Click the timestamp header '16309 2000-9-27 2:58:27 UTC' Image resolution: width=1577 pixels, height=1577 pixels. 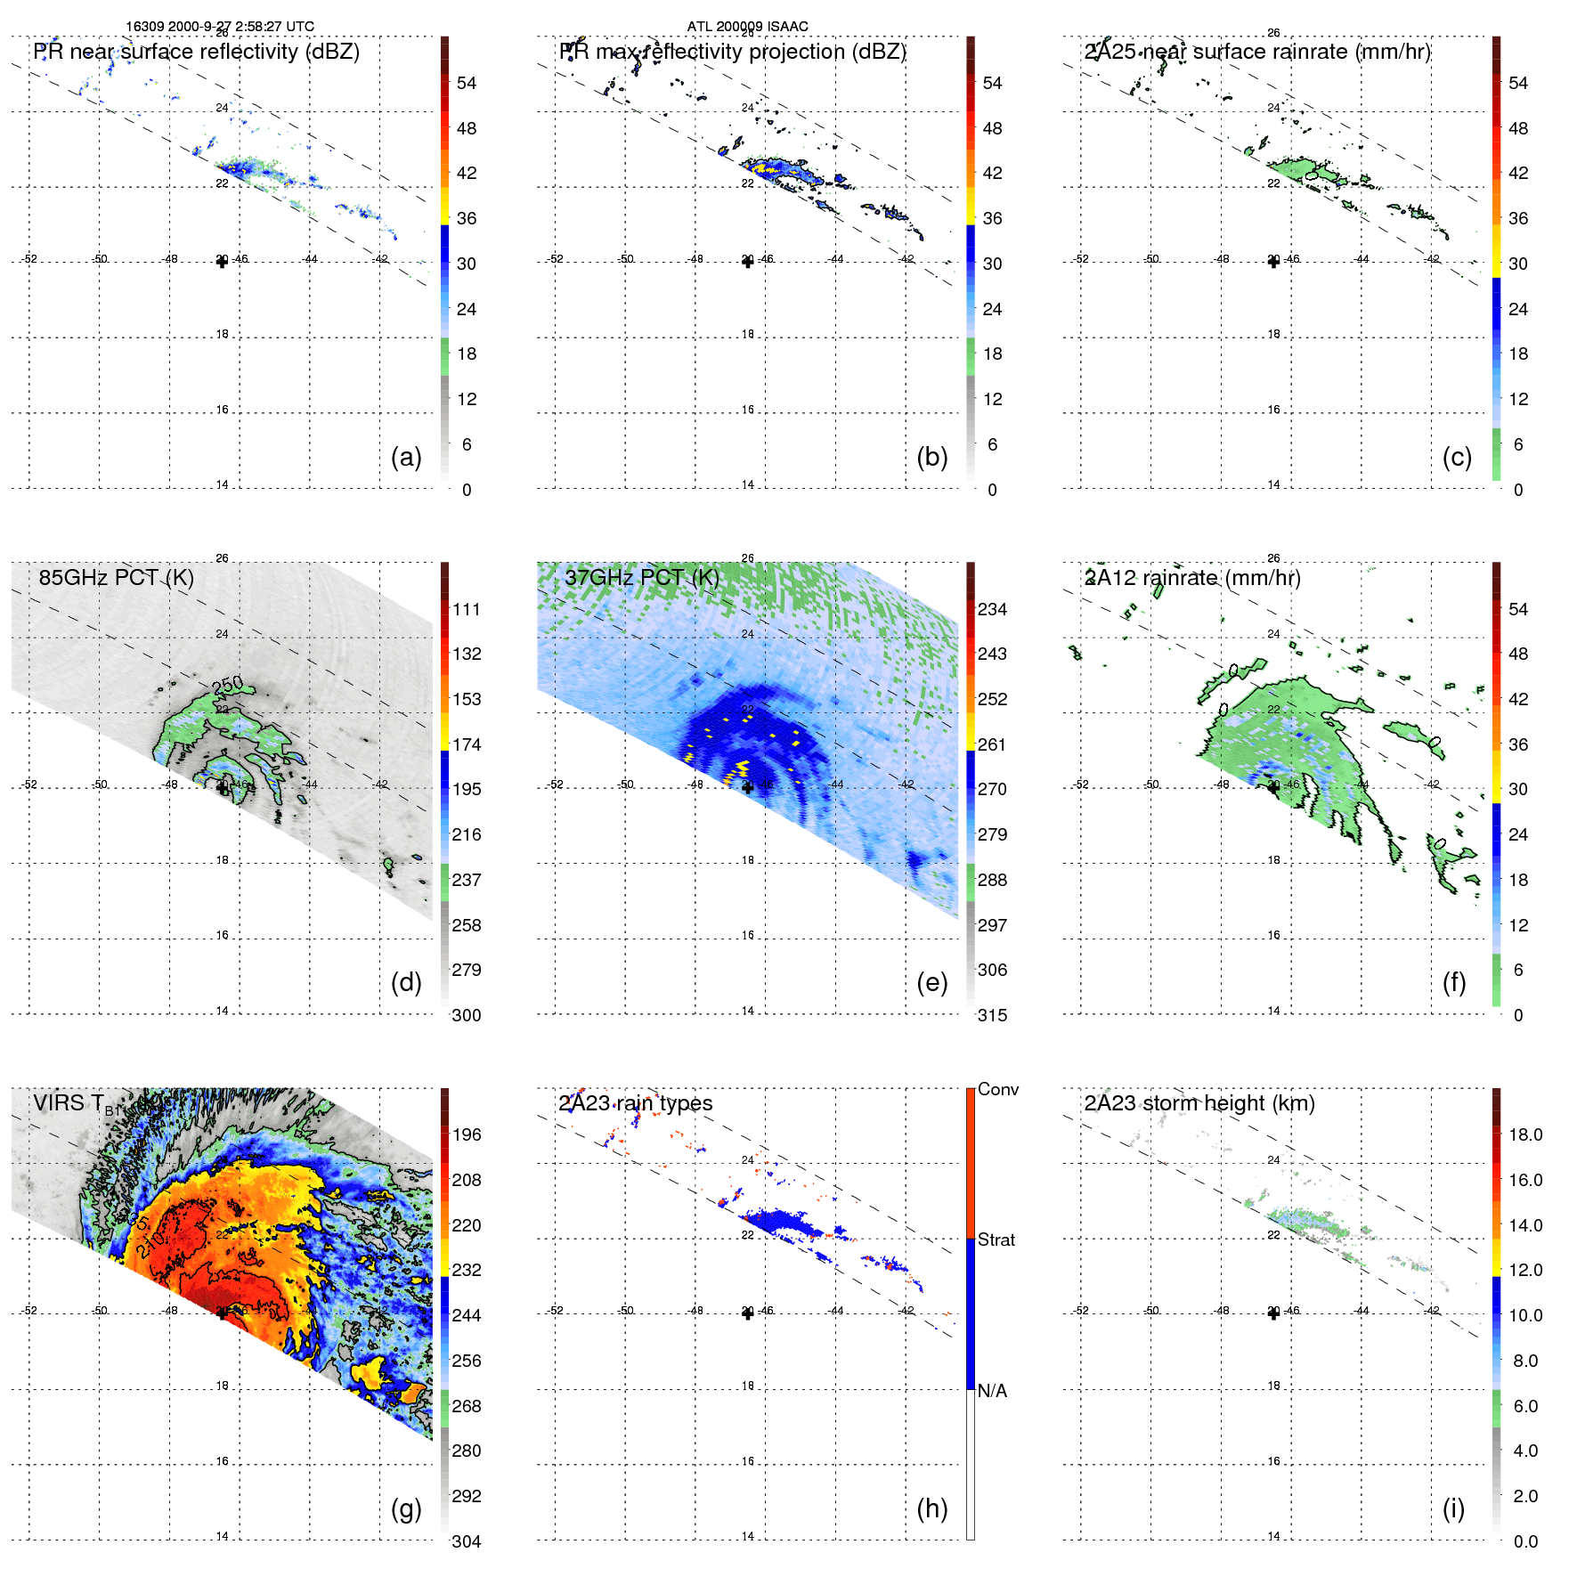click(219, 27)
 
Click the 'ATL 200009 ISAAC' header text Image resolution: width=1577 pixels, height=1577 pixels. click(747, 27)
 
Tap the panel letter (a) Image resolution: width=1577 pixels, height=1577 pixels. click(406, 457)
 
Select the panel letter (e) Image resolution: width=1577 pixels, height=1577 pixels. click(931, 982)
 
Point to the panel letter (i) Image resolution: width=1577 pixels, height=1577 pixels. click(1453, 1508)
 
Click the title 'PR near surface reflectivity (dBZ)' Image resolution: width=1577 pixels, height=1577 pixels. click(196, 52)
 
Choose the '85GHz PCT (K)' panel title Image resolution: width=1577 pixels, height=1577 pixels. click(116, 577)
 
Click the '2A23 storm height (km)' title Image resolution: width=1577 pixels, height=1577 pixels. click(1199, 1103)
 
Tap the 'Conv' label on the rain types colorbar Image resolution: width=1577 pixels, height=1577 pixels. click(997, 1089)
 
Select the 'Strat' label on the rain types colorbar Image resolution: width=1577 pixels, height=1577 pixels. click(996, 1240)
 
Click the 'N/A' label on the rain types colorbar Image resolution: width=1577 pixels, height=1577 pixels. click(992, 1391)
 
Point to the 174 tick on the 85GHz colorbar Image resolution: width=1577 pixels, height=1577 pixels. click(467, 744)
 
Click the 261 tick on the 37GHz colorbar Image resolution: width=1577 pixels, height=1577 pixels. click(992, 744)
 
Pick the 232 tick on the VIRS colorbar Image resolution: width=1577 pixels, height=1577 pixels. click(467, 1270)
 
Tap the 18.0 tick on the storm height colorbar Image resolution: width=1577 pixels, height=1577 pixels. click(1524, 1134)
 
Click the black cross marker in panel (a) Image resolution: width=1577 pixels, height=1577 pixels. click(222, 262)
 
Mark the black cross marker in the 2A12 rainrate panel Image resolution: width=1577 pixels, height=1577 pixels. click(1273, 787)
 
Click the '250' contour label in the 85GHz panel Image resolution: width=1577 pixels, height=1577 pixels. click(228, 685)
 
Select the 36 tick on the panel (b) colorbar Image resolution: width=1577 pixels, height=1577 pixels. click(992, 218)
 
